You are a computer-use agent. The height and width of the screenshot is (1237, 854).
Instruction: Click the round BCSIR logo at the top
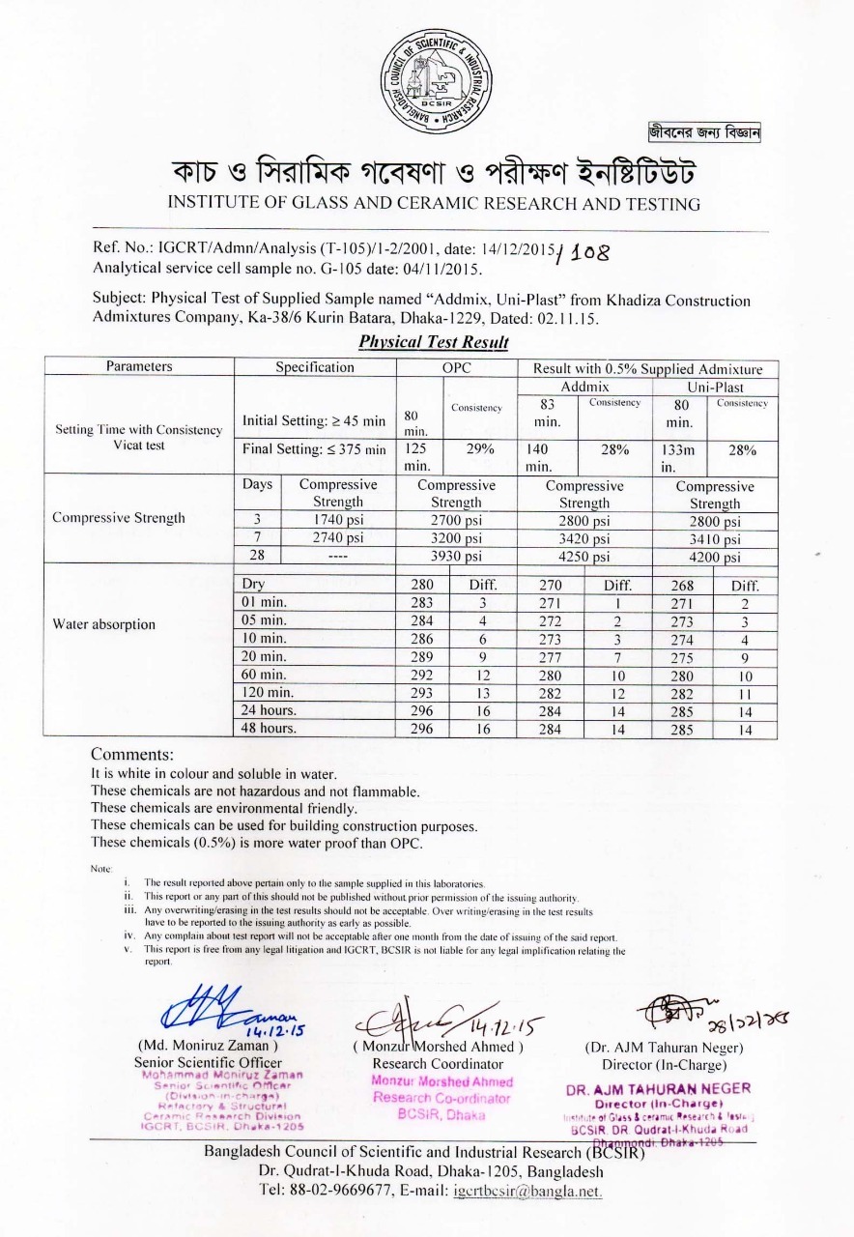click(x=435, y=80)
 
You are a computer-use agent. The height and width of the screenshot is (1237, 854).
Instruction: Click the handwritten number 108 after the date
click(x=584, y=253)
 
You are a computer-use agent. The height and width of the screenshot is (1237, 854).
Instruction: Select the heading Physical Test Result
click(x=434, y=342)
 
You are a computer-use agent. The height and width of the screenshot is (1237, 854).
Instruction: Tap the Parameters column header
click(x=140, y=367)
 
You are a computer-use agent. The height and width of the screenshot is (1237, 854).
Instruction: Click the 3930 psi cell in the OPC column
click(x=456, y=556)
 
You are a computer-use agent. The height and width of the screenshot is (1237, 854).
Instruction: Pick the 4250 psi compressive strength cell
click(x=584, y=556)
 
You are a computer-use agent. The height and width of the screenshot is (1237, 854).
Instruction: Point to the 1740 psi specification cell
click(x=337, y=520)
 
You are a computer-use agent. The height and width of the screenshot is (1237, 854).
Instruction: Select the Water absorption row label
click(x=103, y=624)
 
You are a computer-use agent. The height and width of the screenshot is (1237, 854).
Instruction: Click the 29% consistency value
click(x=480, y=449)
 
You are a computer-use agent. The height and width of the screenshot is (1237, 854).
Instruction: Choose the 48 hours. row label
click(x=268, y=729)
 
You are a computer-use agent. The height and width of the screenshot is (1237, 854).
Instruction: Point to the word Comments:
click(x=132, y=754)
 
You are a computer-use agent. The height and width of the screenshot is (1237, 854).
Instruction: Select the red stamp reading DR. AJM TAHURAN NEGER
click(x=658, y=1088)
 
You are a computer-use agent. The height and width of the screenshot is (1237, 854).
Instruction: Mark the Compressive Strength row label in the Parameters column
click(x=118, y=518)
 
